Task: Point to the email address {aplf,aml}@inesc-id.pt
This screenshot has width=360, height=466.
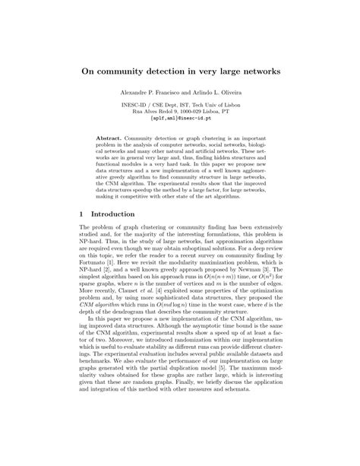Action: click(x=180, y=119)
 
